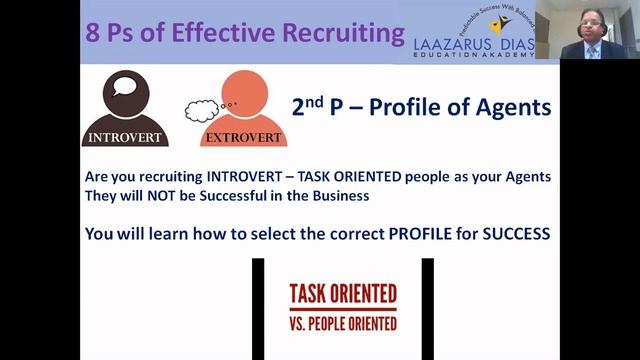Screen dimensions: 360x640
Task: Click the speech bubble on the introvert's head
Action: (x=125, y=84)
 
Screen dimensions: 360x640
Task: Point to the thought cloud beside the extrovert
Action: (x=206, y=106)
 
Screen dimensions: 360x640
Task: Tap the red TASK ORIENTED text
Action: (x=342, y=294)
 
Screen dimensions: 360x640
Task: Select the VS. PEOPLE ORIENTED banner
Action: (x=342, y=323)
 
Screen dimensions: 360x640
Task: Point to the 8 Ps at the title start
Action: (x=108, y=32)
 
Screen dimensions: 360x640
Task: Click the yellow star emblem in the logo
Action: (x=497, y=24)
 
